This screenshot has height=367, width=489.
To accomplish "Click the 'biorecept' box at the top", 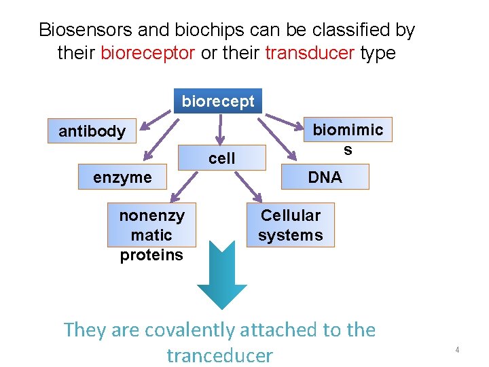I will click(218, 101).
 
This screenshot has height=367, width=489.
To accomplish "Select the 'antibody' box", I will click(92, 131).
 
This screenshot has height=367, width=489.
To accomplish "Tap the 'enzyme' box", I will click(123, 177).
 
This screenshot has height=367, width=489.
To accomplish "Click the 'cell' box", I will click(221, 158).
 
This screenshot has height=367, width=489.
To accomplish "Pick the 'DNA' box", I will click(325, 177).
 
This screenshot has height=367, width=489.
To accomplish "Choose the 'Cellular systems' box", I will click(290, 226).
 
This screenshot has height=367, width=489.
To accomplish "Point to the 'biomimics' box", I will click(347, 138).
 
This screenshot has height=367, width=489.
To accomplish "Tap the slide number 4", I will click(457, 349).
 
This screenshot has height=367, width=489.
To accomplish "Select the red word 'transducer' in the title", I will click(310, 53).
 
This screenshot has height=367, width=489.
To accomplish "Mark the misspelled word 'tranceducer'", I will click(219, 355).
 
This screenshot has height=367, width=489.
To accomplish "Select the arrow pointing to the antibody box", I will click(156, 119).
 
